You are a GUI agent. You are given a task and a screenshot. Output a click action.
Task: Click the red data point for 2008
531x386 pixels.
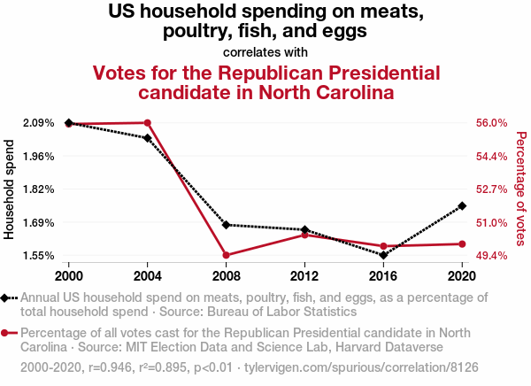pos(226,255)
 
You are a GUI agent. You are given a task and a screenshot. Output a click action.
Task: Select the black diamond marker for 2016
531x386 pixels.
pos(383,255)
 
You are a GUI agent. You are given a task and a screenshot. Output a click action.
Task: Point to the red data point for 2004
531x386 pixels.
pos(147,123)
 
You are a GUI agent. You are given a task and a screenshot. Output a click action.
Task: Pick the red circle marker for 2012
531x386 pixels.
pos(304,235)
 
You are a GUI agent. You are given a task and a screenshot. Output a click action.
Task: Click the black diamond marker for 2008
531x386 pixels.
pos(226,225)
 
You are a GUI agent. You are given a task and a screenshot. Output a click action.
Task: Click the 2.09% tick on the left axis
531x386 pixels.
pos(38,123)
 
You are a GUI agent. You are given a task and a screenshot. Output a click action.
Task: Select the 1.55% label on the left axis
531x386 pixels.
pos(38,256)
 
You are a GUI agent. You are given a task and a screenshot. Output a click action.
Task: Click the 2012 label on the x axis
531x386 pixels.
pos(304,274)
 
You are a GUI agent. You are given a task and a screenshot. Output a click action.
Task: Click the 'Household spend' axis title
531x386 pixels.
pos(11,189)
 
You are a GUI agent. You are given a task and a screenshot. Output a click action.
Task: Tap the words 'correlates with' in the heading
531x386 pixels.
pos(265,51)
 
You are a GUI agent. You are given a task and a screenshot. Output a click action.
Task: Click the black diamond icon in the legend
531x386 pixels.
pos(7,298)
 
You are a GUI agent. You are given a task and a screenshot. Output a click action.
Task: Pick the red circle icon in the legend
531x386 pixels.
pos(7,333)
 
